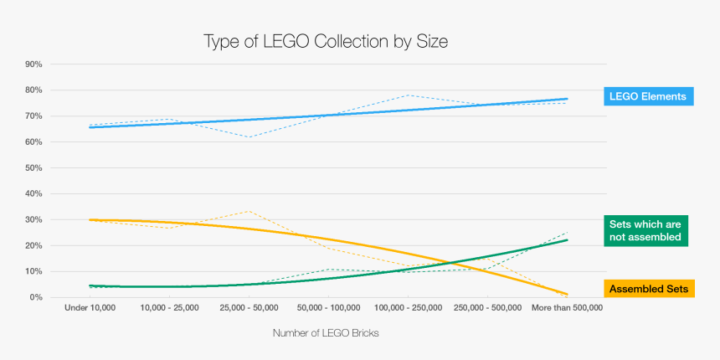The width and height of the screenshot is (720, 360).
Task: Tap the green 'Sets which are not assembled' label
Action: point(645,230)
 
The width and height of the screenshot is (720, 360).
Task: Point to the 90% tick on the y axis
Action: point(34,64)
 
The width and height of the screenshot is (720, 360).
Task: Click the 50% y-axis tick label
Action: point(34,168)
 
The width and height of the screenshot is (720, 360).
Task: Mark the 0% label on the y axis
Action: point(37,297)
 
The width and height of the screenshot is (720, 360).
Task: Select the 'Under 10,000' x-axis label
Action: point(90,308)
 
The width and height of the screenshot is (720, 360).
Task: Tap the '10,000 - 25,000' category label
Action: point(170,308)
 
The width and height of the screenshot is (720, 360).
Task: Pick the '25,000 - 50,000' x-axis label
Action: point(249,308)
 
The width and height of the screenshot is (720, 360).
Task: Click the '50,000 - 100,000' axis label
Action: point(329,308)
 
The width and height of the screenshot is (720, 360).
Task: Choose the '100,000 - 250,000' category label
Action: point(408,308)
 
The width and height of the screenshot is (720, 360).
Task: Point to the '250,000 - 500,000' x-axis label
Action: point(487,308)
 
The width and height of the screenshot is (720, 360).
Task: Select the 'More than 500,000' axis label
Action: point(567,308)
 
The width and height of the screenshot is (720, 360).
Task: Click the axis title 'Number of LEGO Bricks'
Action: point(326,333)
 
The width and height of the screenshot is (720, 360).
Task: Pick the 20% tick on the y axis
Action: point(34,246)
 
